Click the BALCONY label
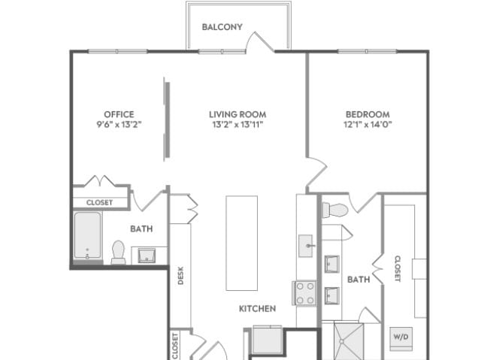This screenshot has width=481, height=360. point(222,27)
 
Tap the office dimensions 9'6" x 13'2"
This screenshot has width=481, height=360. point(119,124)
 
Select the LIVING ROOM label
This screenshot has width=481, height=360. point(237,114)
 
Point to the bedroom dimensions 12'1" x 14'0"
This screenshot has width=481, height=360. point(368,124)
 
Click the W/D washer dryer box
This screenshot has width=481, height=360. point(401,339)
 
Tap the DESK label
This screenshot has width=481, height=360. point(180,275)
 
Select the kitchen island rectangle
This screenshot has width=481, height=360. point(242,243)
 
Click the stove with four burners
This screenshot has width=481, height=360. point(304,293)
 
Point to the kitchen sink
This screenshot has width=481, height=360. point(306,246)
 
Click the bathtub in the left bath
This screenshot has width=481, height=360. point(88,235)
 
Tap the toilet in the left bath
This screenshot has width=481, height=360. point(119,253)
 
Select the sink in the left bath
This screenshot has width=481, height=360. point(147,256)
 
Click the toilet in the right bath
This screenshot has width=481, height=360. point(335,210)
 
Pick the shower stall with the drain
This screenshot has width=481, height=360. point(349,341)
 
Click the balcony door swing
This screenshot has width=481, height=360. point(259,41)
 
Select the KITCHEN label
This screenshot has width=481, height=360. point(257,308)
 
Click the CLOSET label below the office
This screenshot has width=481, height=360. point(100,202)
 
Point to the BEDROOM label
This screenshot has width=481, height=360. point(368,114)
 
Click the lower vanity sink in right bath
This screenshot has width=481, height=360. point(332,295)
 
